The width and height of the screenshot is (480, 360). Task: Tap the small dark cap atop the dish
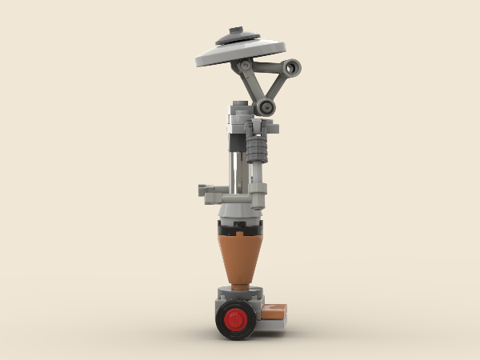pyautogui.click(x=235, y=33)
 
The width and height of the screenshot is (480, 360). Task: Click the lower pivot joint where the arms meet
pyautogui.click(x=265, y=106)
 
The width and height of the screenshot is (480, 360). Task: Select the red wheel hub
pyautogui.click(x=236, y=322)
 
